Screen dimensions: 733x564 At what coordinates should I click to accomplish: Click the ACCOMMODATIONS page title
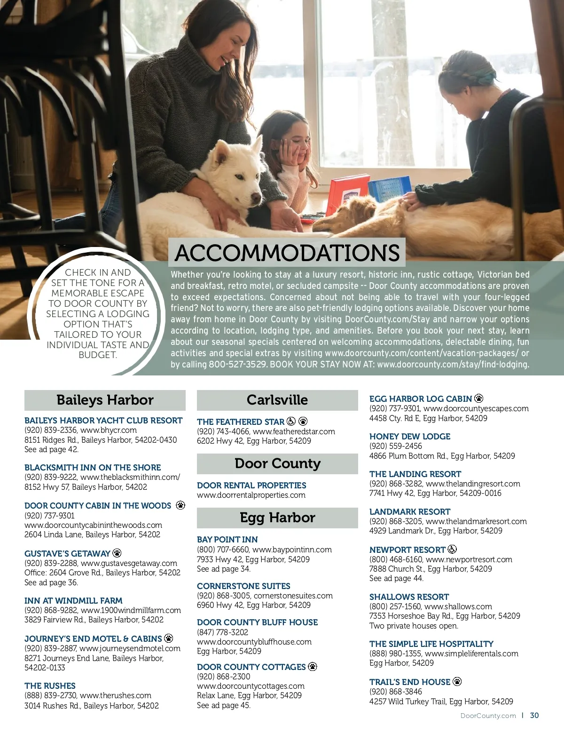point(287,253)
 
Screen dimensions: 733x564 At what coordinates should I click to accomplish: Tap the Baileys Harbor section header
point(105,400)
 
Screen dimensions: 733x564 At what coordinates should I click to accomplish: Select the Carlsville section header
point(277,400)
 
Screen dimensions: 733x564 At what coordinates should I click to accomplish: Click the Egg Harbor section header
point(277,518)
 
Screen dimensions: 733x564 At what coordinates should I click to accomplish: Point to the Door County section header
point(277,463)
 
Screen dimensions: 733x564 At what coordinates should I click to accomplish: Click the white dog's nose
point(257,197)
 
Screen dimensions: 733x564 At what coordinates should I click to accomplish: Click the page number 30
point(534,716)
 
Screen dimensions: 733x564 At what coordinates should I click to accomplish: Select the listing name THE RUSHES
point(50,686)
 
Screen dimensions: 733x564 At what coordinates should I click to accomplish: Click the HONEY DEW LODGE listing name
point(410,437)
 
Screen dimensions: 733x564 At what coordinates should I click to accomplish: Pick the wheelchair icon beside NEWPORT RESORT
point(452,549)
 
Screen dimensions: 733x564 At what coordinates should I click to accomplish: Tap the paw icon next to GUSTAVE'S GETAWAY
point(117,553)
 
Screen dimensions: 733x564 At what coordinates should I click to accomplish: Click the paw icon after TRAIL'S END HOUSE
point(457,682)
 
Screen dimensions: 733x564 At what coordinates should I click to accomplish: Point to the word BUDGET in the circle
point(97,355)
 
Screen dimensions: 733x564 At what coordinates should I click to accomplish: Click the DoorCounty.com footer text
point(488,716)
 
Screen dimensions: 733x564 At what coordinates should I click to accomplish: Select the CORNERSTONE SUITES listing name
point(243,586)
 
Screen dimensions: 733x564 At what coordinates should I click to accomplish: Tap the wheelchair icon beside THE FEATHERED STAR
point(291,422)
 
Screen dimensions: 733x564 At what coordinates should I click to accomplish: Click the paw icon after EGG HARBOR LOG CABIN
point(479,398)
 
